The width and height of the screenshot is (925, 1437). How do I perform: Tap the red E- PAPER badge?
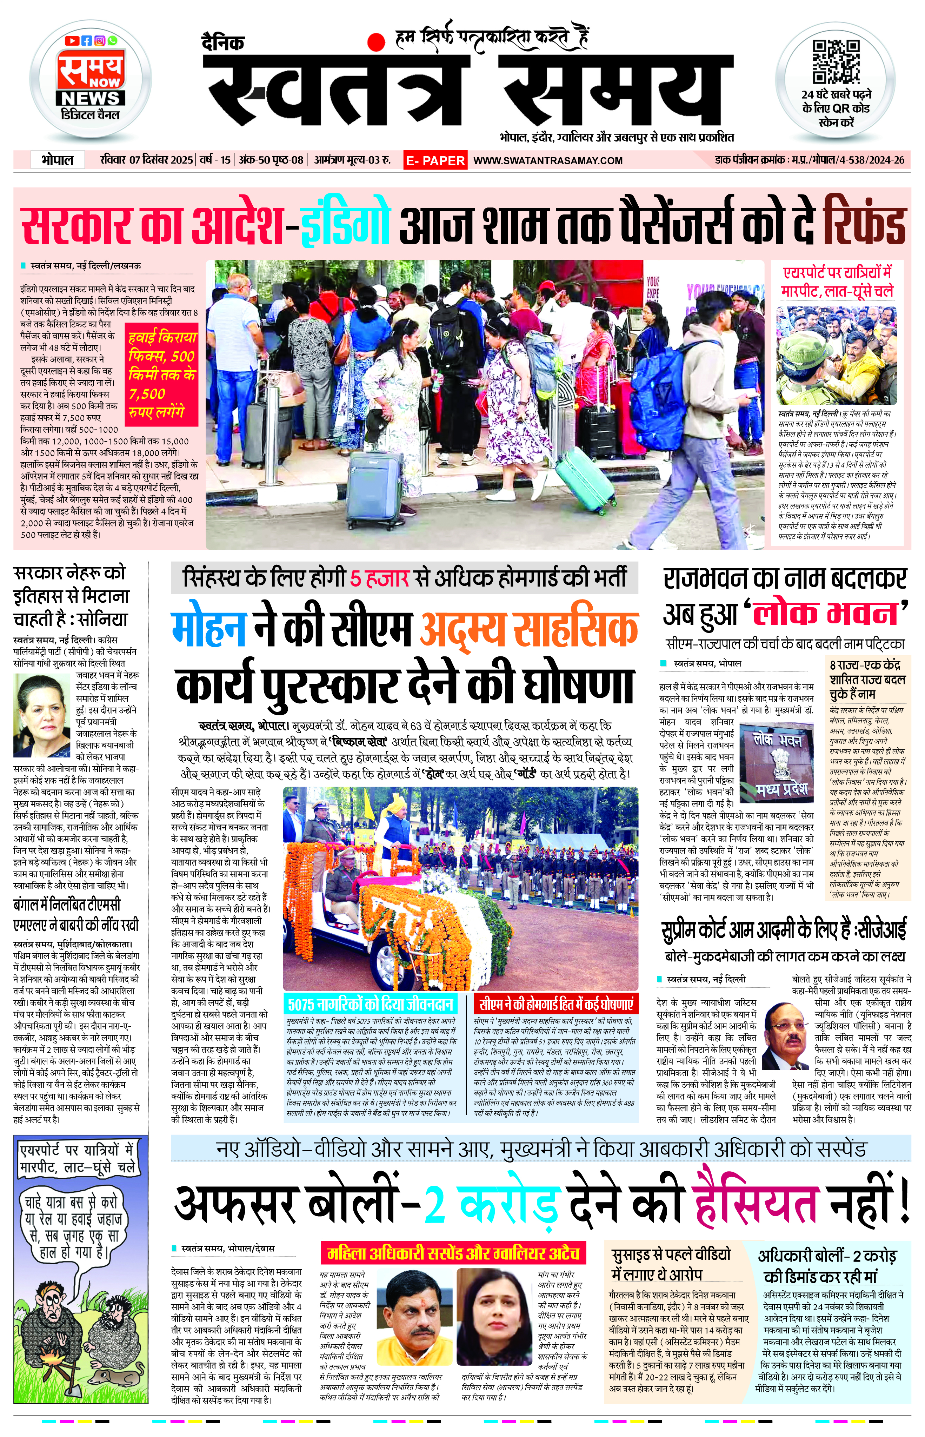[435, 160]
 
